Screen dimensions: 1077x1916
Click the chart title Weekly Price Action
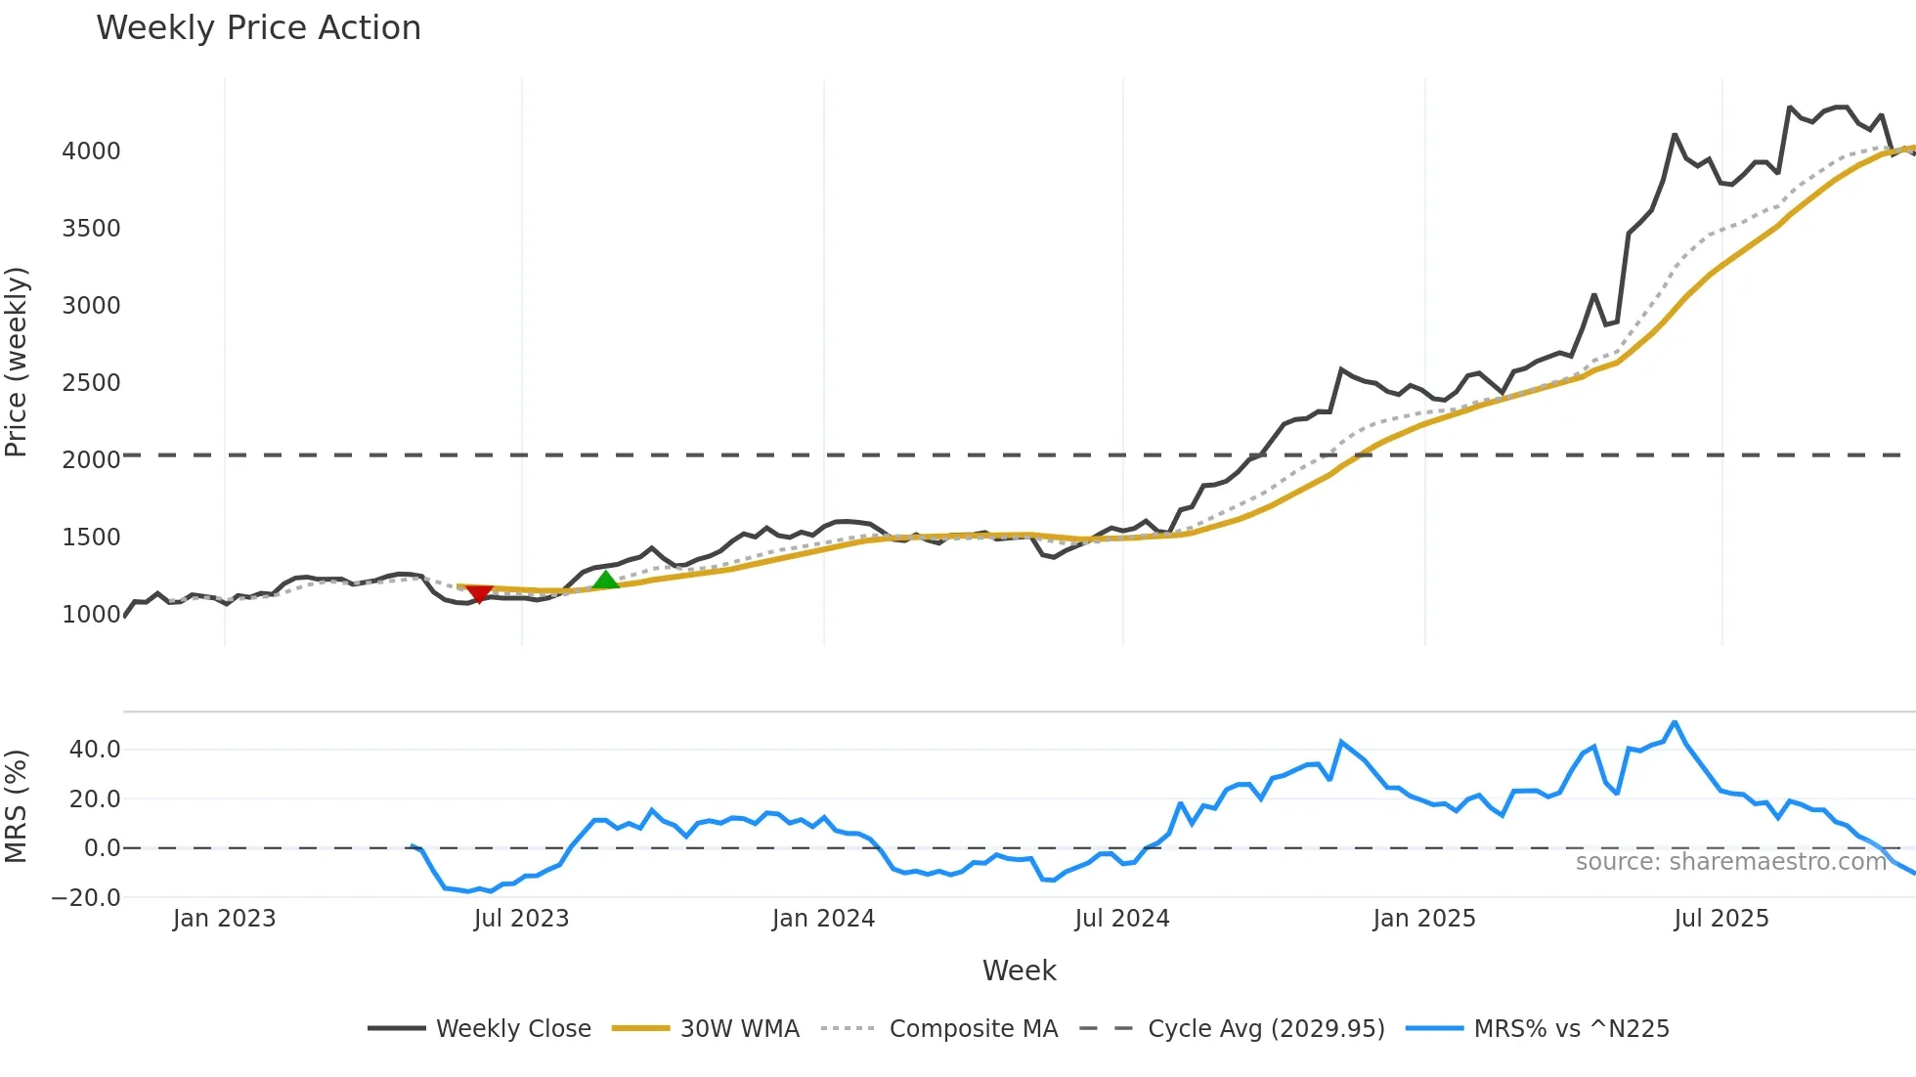[258, 28]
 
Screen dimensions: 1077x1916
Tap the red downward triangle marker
[479, 593]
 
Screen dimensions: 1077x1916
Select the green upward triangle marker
[606, 581]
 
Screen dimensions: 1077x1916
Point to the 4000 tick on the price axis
[91, 151]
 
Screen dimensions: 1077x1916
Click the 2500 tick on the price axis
[91, 383]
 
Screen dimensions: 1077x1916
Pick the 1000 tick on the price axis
[91, 615]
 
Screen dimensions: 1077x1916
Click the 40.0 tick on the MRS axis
[95, 750]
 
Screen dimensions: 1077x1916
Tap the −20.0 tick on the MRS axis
[86, 897]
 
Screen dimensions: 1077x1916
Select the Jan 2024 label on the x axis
[823, 919]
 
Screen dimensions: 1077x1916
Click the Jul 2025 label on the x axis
[1720, 919]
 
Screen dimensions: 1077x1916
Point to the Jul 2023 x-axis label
[521, 919]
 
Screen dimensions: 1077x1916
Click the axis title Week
[1019, 970]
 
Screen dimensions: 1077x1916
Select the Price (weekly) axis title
[17, 362]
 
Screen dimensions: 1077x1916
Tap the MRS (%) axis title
[17, 806]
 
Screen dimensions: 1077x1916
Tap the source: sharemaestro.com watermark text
[1730, 862]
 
